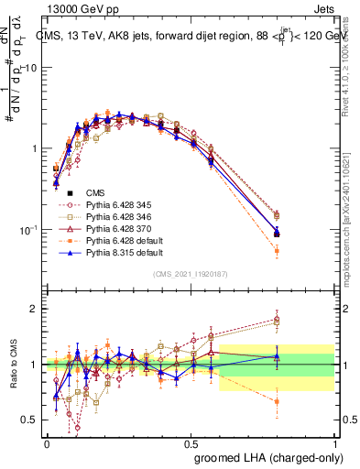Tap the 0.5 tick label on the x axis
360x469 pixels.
coord(191,442)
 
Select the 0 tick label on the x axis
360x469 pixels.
coord(47,442)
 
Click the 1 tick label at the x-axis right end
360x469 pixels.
coord(334,442)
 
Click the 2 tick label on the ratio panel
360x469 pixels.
coord(35,309)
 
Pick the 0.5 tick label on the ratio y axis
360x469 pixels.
coord(31,420)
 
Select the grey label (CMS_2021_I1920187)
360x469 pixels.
coord(191,274)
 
